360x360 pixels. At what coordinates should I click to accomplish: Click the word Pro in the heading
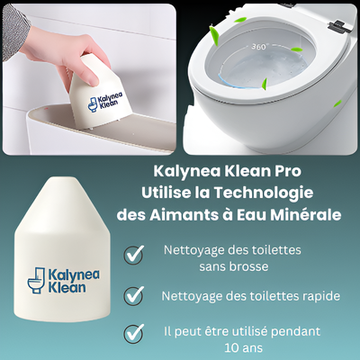(x=286, y=171)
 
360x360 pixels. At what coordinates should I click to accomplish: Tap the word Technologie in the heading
(x=264, y=193)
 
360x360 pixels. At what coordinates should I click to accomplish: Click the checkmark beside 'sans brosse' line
(x=134, y=255)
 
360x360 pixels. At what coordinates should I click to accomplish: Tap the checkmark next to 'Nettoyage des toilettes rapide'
(x=134, y=296)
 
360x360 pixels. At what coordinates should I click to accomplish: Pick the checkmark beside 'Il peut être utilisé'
(x=134, y=334)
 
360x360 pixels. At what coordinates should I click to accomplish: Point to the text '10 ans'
(x=243, y=348)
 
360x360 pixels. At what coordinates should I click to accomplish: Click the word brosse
(x=250, y=266)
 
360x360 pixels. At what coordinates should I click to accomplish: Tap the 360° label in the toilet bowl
(x=258, y=47)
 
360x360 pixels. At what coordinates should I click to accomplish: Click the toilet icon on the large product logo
(x=36, y=280)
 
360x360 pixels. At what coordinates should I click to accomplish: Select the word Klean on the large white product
(x=67, y=287)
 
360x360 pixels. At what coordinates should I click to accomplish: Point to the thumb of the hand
(x=91, y=76)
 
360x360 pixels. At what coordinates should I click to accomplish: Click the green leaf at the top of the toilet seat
(x=240, y=20)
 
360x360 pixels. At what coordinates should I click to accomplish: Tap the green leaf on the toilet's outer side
(x=337, y=103)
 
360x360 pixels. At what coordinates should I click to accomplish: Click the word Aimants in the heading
(x=176, y=215)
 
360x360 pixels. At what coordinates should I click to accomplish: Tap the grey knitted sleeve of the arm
(x=13, y=29)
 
